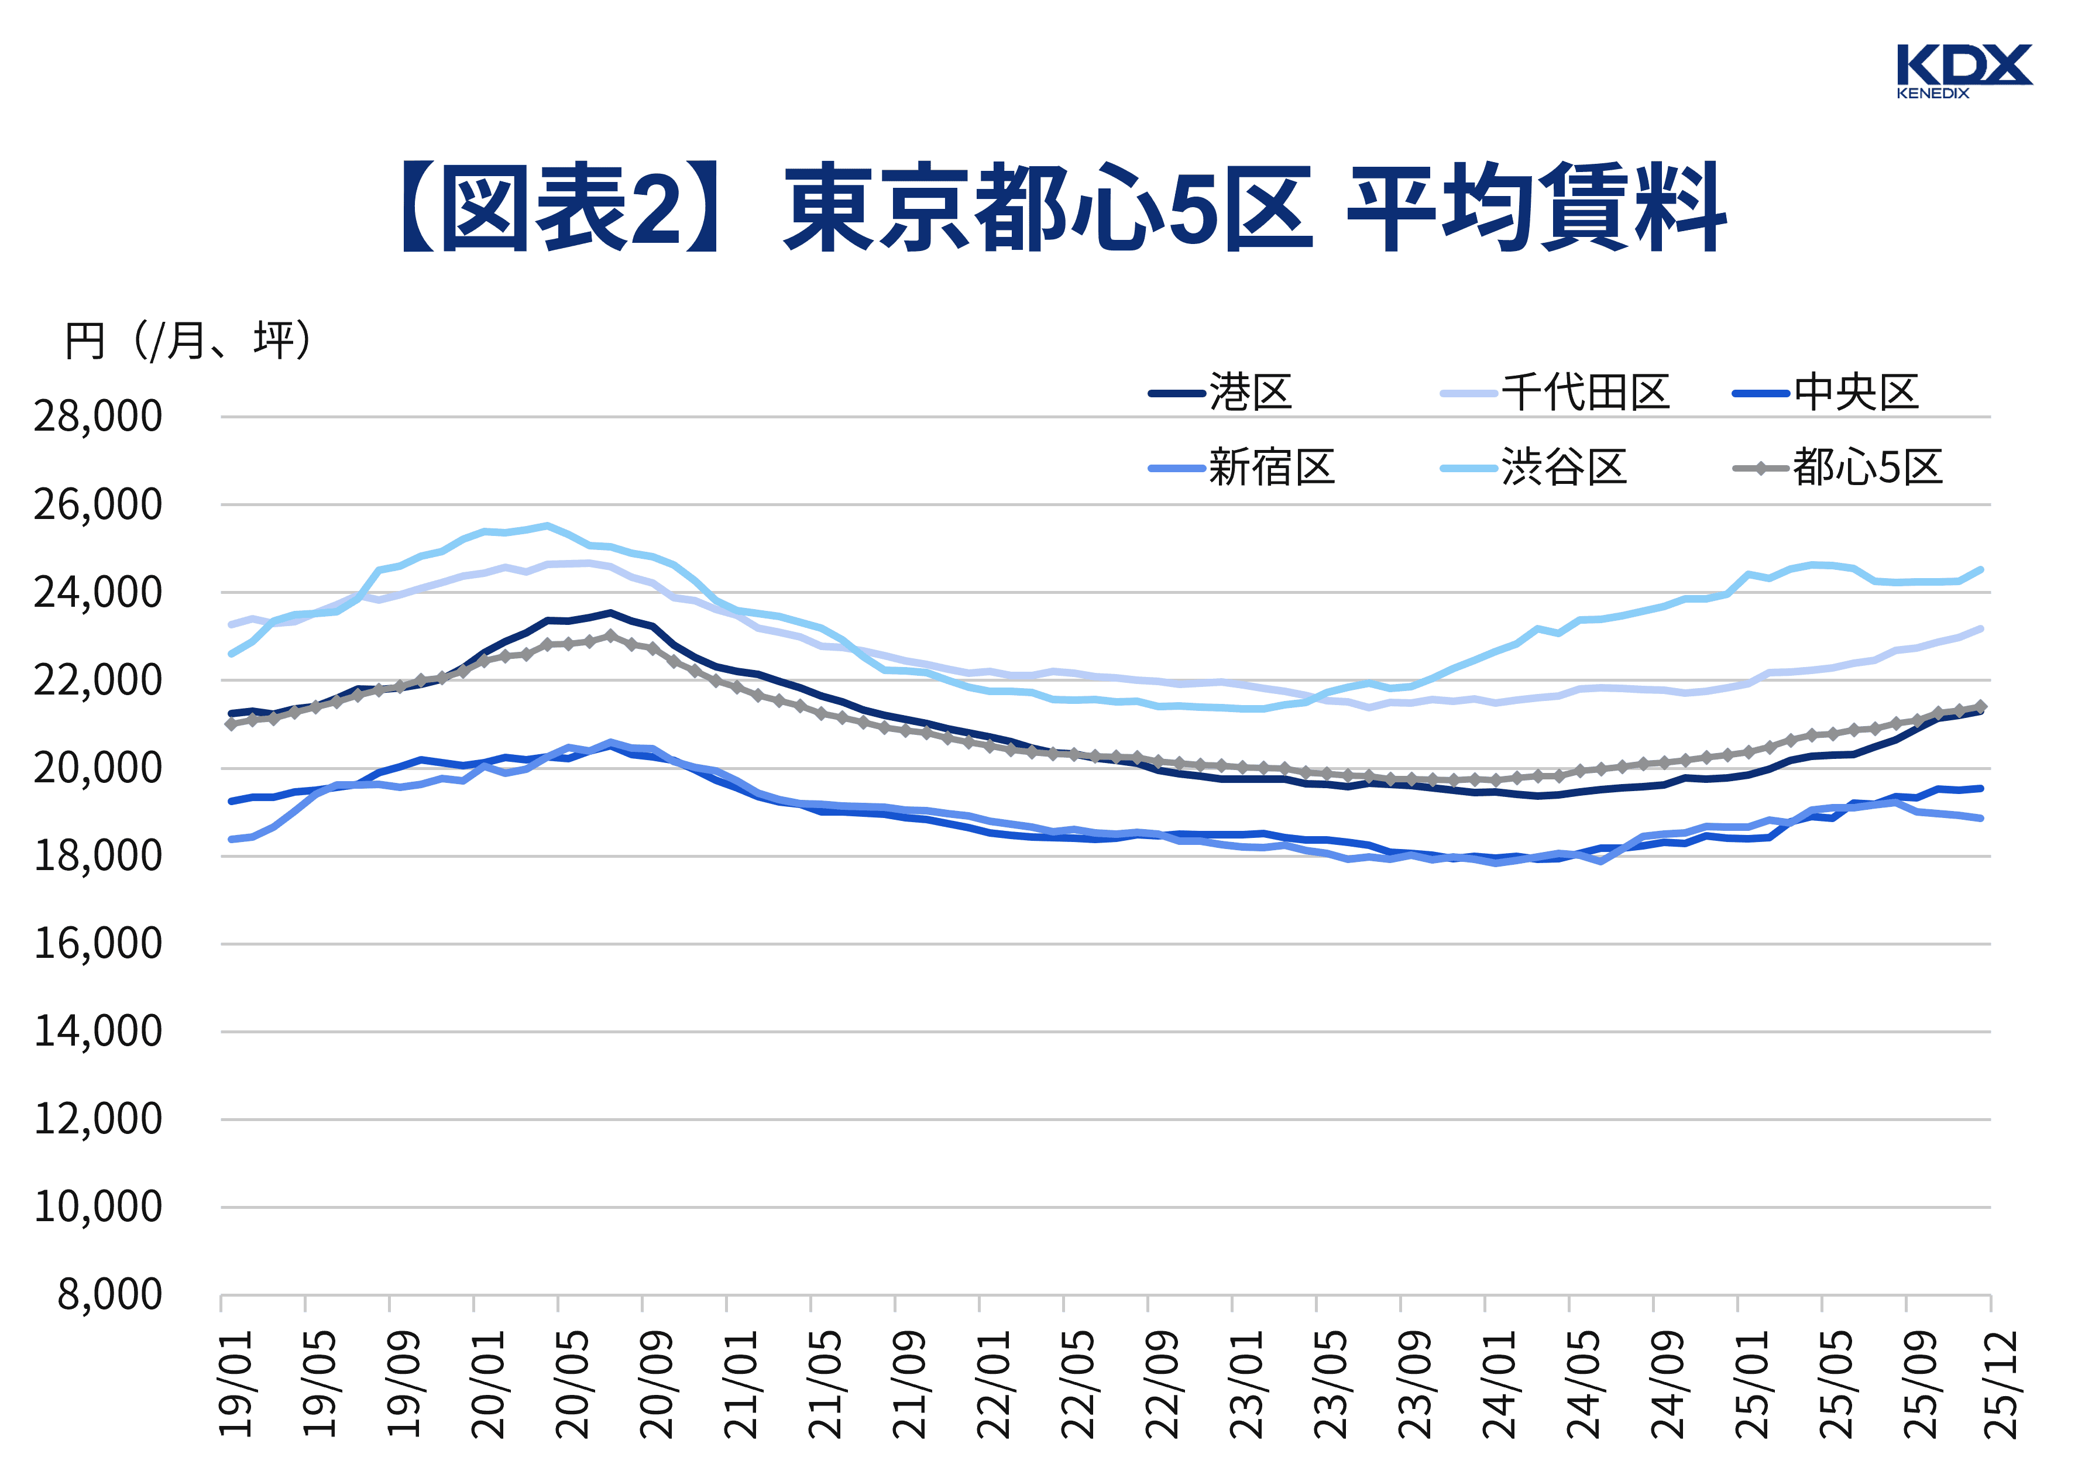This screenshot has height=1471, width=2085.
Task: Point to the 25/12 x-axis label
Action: (2001, 1384)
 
